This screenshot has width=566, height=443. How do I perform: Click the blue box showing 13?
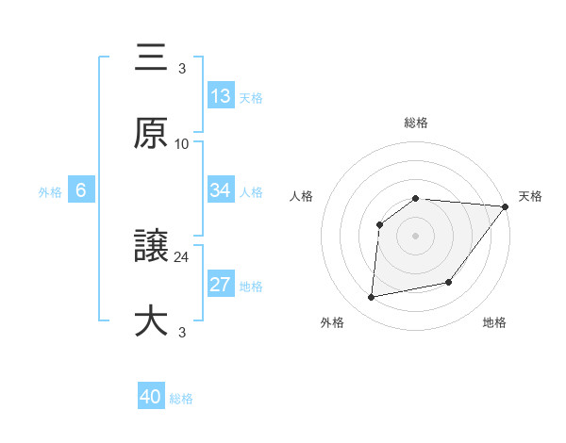[221, 95]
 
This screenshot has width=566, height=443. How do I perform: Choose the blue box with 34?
[221, 190]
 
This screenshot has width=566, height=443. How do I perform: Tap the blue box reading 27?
[221, 285]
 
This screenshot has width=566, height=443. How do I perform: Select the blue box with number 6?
[81, 190]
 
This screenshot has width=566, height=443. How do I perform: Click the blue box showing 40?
[151, 397]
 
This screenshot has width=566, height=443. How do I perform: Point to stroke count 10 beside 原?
[182, 143]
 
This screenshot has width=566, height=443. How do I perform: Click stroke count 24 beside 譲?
[182, 256]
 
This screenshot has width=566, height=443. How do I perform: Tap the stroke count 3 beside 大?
[182, 332]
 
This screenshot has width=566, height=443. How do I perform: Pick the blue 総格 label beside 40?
[181, 399]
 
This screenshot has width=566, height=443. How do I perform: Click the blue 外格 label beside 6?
[50, 191]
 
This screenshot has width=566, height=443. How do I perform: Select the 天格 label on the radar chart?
[531, 196]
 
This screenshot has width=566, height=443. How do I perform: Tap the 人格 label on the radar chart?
[301, 196]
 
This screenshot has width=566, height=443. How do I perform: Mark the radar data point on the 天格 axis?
[506, 206]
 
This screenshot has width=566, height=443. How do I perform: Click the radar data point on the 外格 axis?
[372, 298]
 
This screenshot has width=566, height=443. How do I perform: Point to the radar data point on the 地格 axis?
[449, 283]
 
